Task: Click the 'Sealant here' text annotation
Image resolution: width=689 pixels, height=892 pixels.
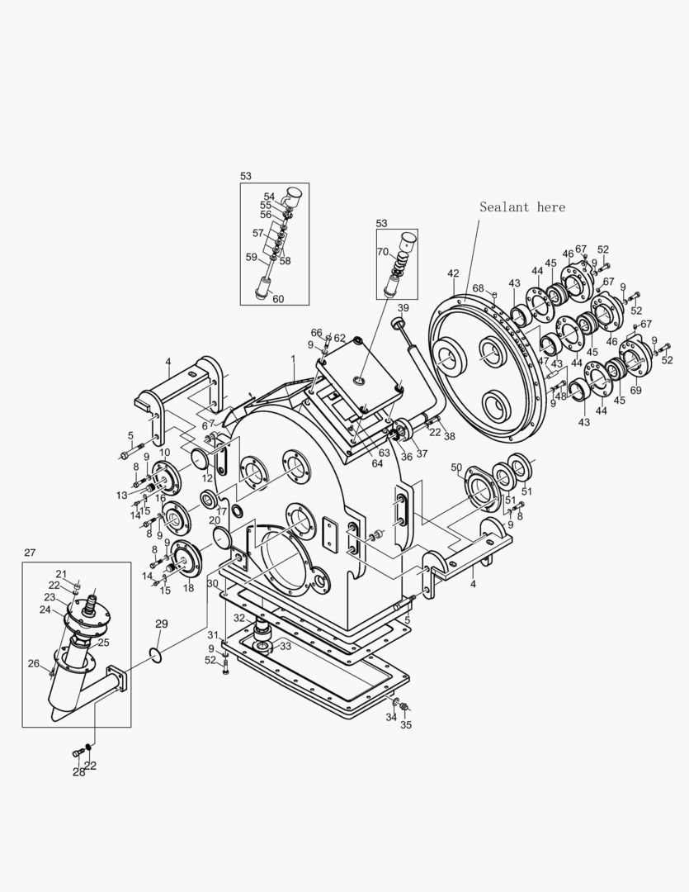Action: click(x=522, y=207)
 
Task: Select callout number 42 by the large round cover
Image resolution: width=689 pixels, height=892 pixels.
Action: click(x=453, y=273)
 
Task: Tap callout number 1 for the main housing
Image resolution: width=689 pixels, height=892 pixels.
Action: click(x=292, y=359)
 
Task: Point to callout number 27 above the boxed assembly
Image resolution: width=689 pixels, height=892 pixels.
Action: click(x=30, y=553)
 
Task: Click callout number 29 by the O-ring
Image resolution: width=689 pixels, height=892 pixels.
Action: click(x=161, y=624)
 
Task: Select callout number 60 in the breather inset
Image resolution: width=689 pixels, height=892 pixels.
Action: click(x=278, y=299)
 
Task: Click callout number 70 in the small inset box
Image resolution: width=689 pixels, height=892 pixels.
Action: click(x=382, y=252)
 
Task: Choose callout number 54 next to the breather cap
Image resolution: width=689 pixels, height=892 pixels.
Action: click(x=269, y=197)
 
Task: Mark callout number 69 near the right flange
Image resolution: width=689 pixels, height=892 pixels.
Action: click(x=635, y=390)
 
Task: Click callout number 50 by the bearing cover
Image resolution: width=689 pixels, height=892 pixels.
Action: click(x=456, y=468)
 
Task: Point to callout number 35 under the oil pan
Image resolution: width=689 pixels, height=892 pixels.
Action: click(x=405, y=725)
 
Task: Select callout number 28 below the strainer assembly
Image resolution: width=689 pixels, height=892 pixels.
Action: click(x=78, y=772)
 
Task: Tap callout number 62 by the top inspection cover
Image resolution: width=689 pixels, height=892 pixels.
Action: click(x=339, y=338)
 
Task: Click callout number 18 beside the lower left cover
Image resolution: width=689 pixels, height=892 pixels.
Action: click(x=188, y=587)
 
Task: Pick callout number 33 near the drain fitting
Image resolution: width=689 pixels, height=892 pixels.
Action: click(x=286, y=646)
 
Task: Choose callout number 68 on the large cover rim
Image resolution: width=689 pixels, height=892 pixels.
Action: click(x=478, y=288)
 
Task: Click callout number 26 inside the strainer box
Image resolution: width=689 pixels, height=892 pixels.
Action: click(x=33, y=662)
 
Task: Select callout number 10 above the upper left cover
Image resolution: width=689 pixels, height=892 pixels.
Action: click(x=164, y=453)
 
